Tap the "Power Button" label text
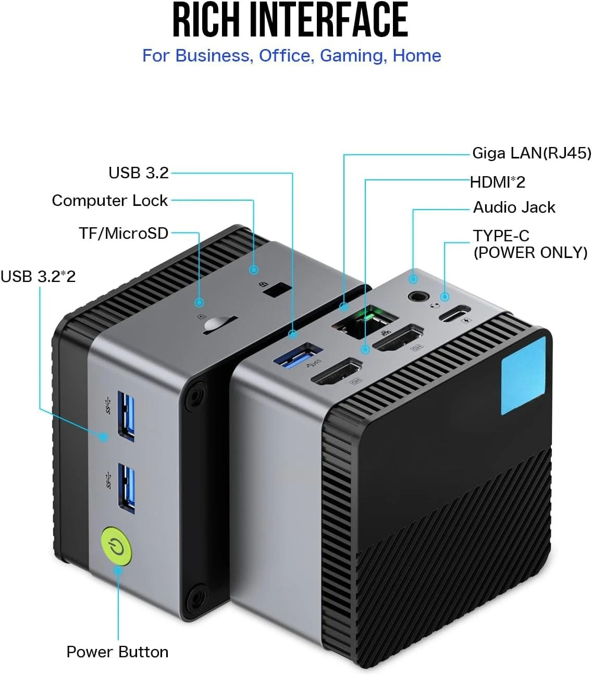click(x=117, y=652)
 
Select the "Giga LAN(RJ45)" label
click(x=532, y=153)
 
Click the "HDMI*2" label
click(x=497, y=182)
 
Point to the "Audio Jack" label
click(x=514, y=207)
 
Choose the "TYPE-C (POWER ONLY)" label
click(x=530, y=244)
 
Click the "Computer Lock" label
click(x=109, y=201)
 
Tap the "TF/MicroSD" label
click(x=124, y=233)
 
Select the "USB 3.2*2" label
click(x=38, y=277)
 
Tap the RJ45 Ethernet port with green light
click(x=365, y=322)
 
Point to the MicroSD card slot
click(x=220, y=325)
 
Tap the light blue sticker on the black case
click(x=523, y=375)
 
